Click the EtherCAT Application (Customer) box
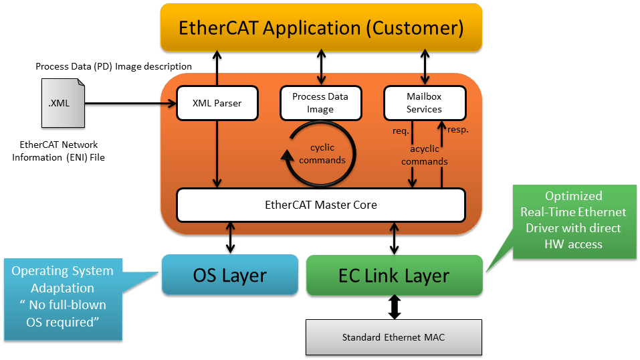pos(321,28)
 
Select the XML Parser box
pos(217,103)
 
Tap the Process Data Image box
pos(320,103)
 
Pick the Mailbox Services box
pos(424,103)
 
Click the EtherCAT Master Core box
pos(320,205)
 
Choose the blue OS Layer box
pos(230,274)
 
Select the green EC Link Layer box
pos(394,274)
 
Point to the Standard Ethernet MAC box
pos(393,337)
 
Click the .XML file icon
pos(63,103)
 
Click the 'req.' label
pos(401,130)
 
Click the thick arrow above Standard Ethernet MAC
pos(394,307)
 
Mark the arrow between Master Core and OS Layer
pos(231,238)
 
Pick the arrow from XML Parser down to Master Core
pos(217,154)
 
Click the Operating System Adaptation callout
pos(63,297)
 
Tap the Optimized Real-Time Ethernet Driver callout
pos(574,220)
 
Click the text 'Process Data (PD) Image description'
pos(114,66)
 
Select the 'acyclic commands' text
pos(425,155)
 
